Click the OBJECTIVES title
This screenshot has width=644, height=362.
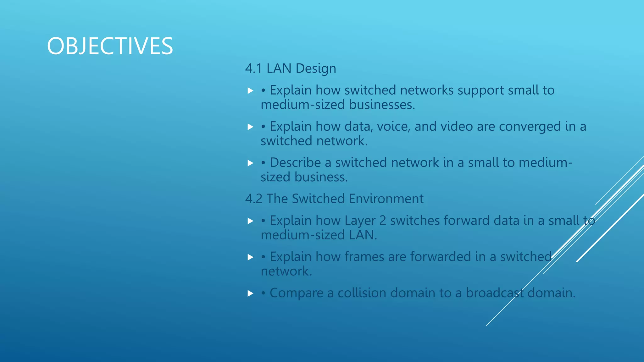tap(110, 46)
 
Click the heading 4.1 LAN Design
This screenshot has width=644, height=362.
tap(291, 69)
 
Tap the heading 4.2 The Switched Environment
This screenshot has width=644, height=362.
tap(334, 199)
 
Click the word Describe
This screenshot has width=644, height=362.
tap(295, 162)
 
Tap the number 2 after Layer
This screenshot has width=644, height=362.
tap(382, 221)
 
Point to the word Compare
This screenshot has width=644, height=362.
tap(296, 293)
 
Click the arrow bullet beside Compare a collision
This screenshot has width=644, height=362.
tap(250, 293)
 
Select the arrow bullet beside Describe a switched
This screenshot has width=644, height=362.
tap(250, 163)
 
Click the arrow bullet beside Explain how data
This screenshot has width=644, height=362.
tap(250, 127)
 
